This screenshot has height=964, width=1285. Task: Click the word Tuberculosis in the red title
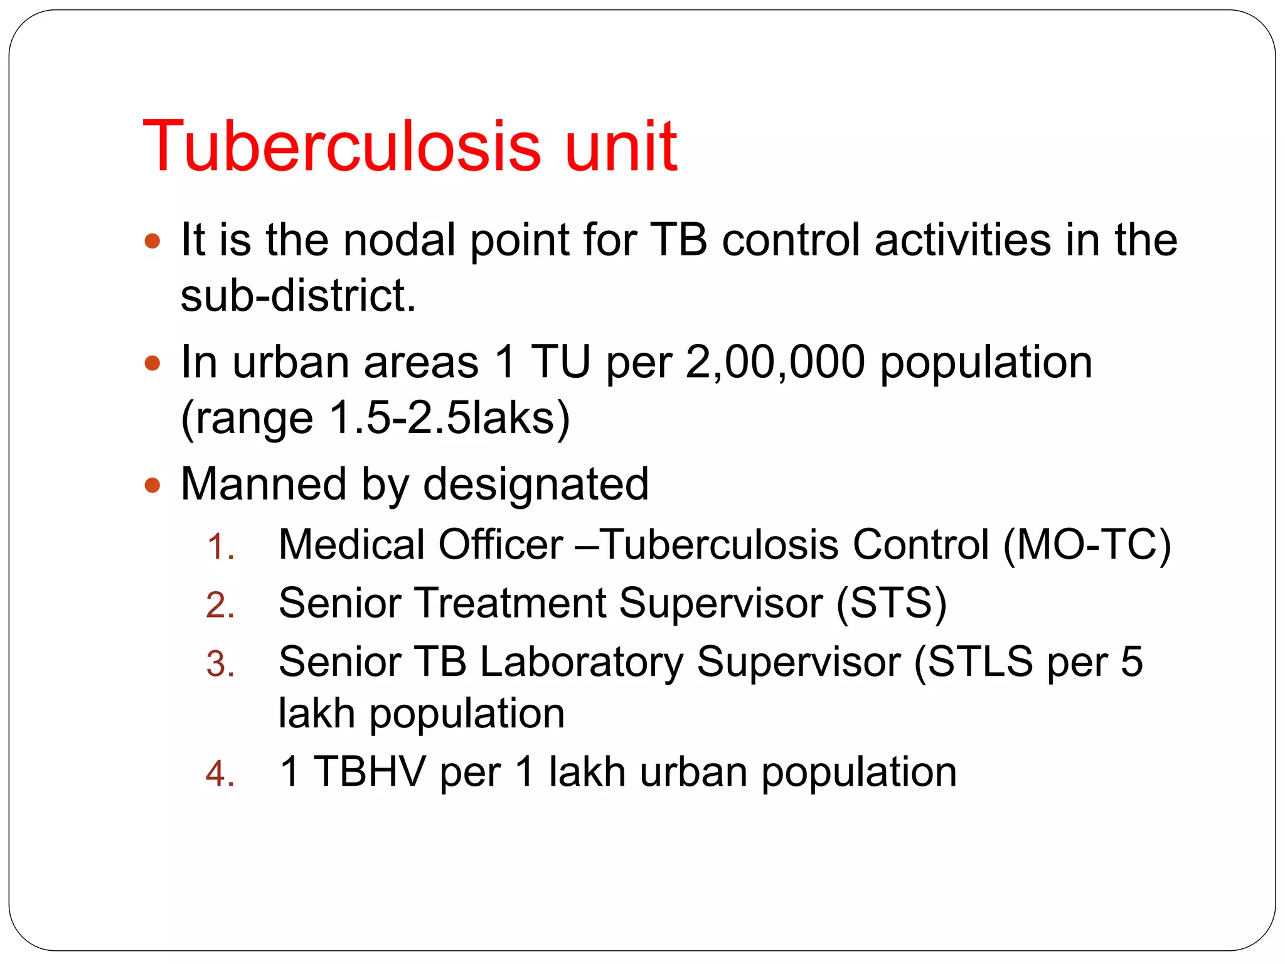[x=342, y=146]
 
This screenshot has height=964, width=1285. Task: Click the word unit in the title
[x=621, y=146]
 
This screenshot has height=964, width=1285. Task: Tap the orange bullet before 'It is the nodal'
[x=152, y=241]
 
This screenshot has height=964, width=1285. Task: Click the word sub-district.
[x=298, y=296]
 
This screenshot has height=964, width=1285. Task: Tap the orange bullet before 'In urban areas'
[x=152, y=363]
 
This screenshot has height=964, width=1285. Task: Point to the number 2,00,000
[x=775, y=363]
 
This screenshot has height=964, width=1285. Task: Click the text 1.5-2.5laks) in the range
[x=449, y=418]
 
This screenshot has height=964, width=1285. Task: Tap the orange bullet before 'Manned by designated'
[x=152, y=485]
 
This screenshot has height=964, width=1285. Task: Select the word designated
[x=536, y=485]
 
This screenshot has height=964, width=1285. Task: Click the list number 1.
[x=220, y=547]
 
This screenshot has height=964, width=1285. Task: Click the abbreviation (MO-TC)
[x=1087, y=544]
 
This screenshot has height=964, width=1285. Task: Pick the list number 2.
[x=220, y=606]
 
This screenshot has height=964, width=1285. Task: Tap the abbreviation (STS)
[x=891, y=603]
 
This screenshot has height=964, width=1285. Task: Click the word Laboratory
[x=581, y=662]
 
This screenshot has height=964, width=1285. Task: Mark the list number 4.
[x=220, y=774]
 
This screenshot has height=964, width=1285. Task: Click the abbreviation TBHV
[x=370, y=771]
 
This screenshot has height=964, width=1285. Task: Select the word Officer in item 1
[x=500, y=544]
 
